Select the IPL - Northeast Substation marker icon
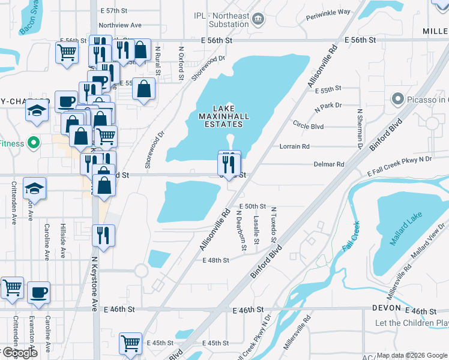point(258,18)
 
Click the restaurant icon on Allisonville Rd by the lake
point(229,163)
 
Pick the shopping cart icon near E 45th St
point(130,344)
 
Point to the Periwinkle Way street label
point(328,12)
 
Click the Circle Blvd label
point(309,127)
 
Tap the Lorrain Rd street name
point(295,146)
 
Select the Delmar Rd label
point(329,164)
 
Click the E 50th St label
point(252,206)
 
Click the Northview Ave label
point(120,25)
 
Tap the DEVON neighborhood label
point(386,308)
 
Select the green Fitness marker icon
point(34,143)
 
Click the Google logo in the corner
point(19,353)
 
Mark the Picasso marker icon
point(396,99)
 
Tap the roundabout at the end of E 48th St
point(141,271)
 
